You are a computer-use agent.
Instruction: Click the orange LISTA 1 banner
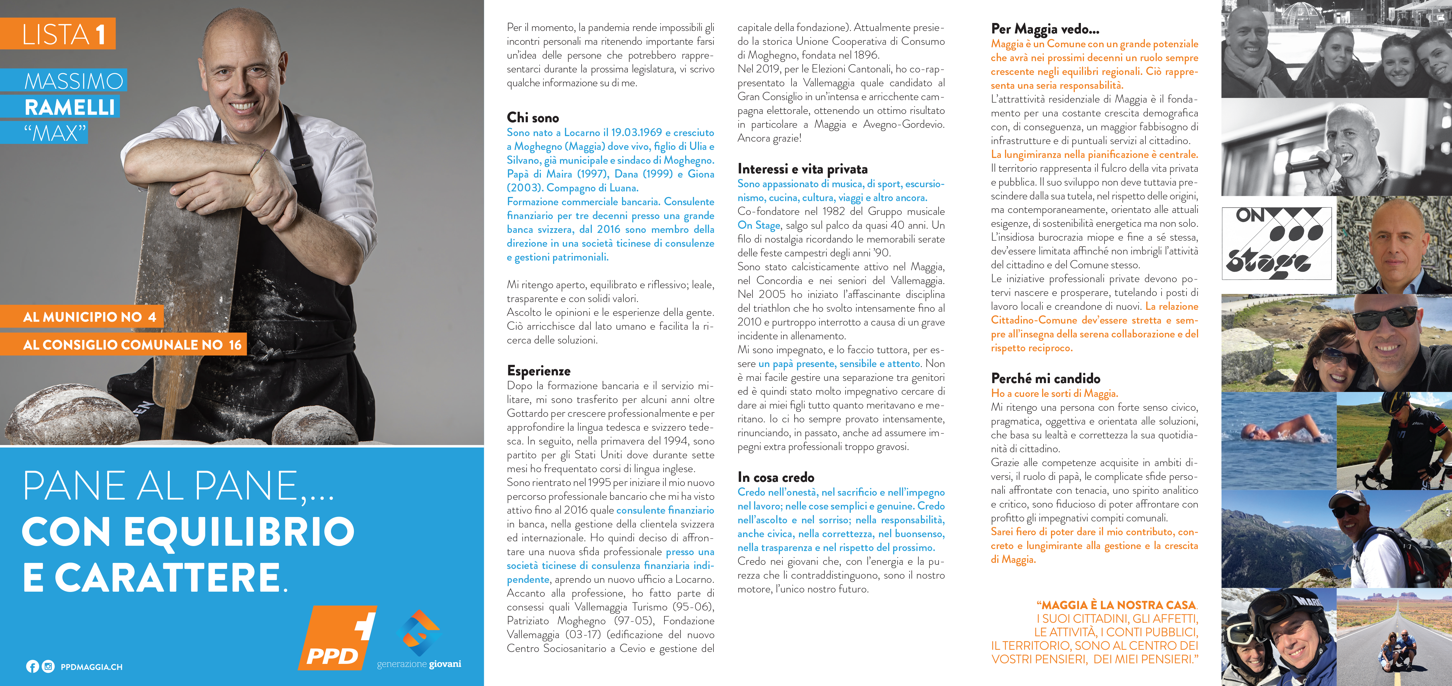[x=58, y=34]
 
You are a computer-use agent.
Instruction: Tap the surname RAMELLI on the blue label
[x=70, y=107]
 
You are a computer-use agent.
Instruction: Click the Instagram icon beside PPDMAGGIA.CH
[x=48, y=667]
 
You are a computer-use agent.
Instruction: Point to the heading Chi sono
[x=533, y=118]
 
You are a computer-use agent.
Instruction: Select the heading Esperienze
[x=538, y=371]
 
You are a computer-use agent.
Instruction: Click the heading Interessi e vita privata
[x=802, y=169]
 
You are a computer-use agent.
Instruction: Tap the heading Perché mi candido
[x=1045, y=378]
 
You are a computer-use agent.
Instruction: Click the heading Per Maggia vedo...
[x=1044, y=29]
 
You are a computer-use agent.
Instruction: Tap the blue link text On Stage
[x=759, y=225]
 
